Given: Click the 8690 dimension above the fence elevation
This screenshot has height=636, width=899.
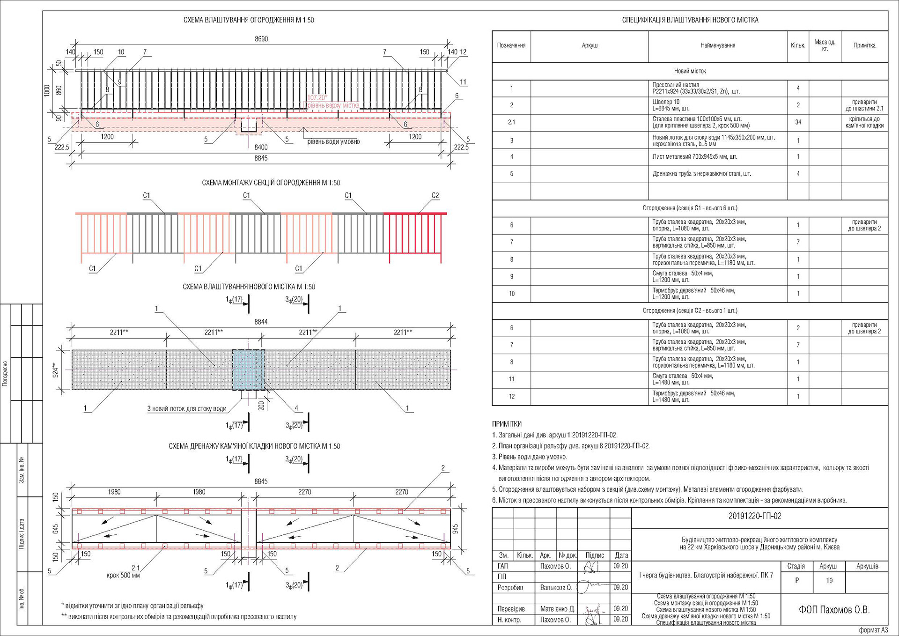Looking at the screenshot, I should click(x=261, y=39).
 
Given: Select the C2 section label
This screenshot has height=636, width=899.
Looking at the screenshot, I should click(x=435, y=195).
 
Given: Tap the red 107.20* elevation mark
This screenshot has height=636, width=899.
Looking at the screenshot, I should click(x=317, y=97).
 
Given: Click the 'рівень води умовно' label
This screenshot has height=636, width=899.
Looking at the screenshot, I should click(x=333, y=141).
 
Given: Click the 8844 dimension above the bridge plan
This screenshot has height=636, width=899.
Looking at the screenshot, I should click(x=261, y=322).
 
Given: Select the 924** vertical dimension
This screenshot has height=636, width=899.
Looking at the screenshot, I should click(x=56, y=370).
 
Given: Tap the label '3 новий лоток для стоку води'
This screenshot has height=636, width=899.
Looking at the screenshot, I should click(x=187, y=408).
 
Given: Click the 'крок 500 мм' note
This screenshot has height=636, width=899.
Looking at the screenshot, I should click(x=123, y=575).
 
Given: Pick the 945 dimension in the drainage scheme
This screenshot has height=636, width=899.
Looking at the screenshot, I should click(x=455, y=529).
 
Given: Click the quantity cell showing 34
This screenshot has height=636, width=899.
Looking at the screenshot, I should click(x=798, y=122).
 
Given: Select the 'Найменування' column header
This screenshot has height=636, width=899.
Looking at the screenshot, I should click(x=717, y=45).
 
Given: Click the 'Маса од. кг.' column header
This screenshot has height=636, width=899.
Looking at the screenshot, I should click(x=825, y=45).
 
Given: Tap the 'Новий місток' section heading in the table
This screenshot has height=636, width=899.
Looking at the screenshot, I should click(x=690, y=71).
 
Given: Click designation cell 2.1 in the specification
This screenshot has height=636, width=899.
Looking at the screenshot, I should click(x=511, y=122).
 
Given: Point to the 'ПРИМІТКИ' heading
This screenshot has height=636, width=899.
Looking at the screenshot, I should click(x=507, y=423).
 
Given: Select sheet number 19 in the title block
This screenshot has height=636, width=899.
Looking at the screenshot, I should click(x=829, y=581).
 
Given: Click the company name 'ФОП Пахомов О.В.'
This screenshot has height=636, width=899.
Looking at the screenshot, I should click(x=834, y=609).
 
